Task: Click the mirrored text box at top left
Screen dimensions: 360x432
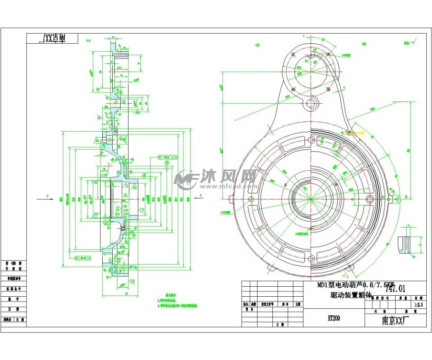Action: tap(53, 38)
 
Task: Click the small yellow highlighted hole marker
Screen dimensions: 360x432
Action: tap(348, 132)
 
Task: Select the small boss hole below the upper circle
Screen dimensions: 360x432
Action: tap(311, 103)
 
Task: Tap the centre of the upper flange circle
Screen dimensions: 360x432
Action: tap(311, 65)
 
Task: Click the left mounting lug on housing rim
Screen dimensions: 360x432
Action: tap(232, 199)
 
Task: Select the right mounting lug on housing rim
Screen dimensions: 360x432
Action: tap(390, 199)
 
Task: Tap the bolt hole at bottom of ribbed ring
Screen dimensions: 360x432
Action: tap(311, 258)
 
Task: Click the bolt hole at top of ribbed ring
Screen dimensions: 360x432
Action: tap(311, 139)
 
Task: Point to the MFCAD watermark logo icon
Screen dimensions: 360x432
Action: tap(185, 179)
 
